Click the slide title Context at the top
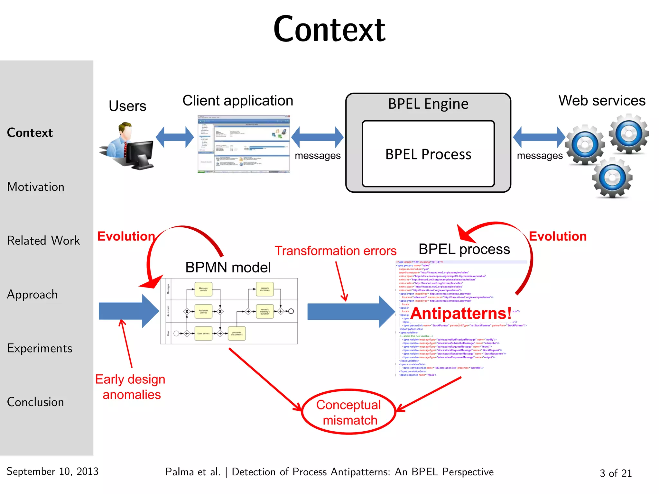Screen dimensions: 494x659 pos(329,30)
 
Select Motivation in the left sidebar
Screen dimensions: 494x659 pos(36,187)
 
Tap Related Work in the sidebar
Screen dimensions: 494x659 pos(43,241)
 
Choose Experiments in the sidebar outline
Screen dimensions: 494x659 pos(40,348)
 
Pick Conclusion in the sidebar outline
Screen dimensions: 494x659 pos(35,402)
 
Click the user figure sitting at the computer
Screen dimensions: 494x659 pos(129,146)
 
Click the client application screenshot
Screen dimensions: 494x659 pos(244,144)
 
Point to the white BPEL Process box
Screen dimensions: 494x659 pos(428,154)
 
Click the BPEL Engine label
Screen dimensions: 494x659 pos(428,104)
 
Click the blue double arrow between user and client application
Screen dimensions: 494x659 pos(175,137)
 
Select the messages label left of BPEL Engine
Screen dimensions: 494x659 pos(318,156)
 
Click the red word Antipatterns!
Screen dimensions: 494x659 pos(461,313)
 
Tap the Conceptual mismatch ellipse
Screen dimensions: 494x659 pos(349,412)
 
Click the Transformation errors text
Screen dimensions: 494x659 pos(335,251)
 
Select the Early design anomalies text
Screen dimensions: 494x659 pos(131,387)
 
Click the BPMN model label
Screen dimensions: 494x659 pos(228,268)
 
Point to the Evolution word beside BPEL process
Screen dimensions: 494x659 pos(558,236)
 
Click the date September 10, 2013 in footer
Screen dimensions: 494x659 pos(52,471)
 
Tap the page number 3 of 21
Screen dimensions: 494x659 pos(616,473)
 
